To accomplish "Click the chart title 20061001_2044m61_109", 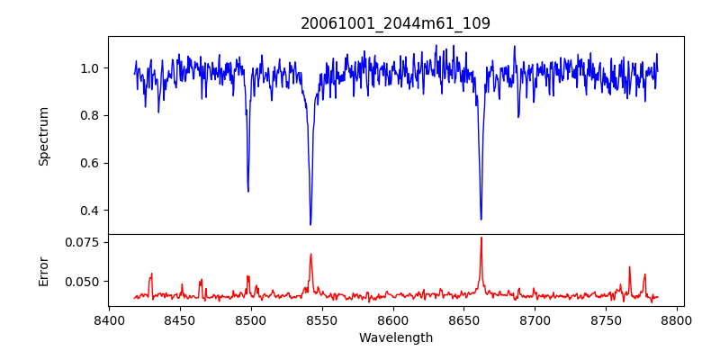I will [395, 23].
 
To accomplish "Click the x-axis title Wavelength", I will [395, 338].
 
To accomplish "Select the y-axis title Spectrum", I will [44, 136].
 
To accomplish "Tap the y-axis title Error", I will [44, 270].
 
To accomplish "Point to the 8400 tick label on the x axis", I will [109, 320].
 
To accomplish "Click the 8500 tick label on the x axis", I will [251, 320].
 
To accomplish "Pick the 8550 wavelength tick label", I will [322, 320].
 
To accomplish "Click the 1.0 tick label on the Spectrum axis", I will [89, 68].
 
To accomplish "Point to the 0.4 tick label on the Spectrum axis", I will [89, 211].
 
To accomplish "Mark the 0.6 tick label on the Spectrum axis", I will [89, 163].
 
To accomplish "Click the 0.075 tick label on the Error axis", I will [82, 242].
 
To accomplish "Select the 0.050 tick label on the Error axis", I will [82, 282].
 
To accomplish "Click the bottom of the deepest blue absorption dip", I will [310, 224].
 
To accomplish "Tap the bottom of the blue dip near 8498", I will [248, 191].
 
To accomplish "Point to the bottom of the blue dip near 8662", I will [481, 219].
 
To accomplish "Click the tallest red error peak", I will [481, 238].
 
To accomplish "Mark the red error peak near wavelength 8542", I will [310, 255].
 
